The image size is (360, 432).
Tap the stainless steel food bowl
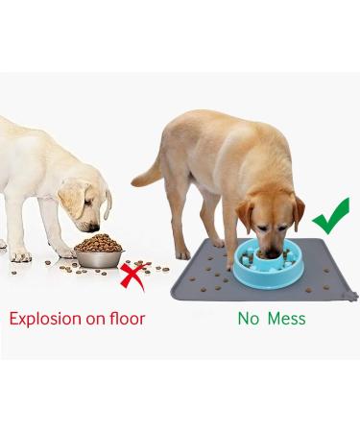[x=98, y=257]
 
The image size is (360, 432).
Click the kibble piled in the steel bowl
[x=98, y=244]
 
